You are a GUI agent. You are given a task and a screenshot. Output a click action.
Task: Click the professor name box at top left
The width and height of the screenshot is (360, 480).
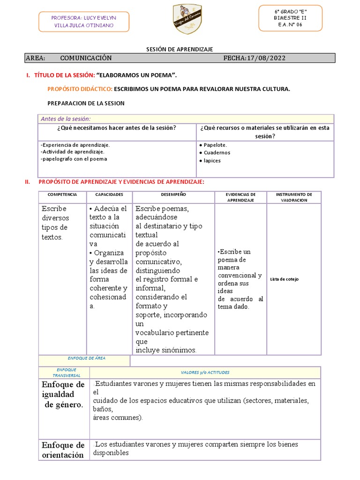click(x=84, y=21)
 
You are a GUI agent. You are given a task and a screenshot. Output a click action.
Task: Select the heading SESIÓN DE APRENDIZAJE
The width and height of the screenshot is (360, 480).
click(x=180, y=49)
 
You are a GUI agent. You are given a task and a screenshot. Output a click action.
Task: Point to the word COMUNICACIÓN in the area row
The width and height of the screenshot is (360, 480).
click(x=86, y=58)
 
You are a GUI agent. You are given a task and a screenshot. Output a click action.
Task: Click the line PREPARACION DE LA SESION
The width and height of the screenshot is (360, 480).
click(x=86, y=103)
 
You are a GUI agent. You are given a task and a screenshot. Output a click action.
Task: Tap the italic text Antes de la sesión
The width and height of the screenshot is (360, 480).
click(x=66, y=119)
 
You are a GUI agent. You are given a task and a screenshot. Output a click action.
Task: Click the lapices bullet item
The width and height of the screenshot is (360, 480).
click(x=212, y=161)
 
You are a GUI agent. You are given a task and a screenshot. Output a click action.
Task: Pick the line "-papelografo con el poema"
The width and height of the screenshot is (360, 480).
click(x=74, y=158)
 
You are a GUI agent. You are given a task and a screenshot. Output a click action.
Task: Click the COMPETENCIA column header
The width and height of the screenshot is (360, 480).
click(x=62, y=194)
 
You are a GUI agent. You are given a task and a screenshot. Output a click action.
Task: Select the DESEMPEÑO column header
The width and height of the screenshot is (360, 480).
click(x=173, y=194)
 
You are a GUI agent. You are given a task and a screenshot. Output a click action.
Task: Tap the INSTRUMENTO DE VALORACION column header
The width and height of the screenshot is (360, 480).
click(x=294, y=197)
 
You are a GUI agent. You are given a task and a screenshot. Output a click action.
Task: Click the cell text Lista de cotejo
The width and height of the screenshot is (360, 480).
click(x=284, y=279)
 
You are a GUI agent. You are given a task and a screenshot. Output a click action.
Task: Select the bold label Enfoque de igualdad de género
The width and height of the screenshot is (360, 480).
click(x=63, y=395)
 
